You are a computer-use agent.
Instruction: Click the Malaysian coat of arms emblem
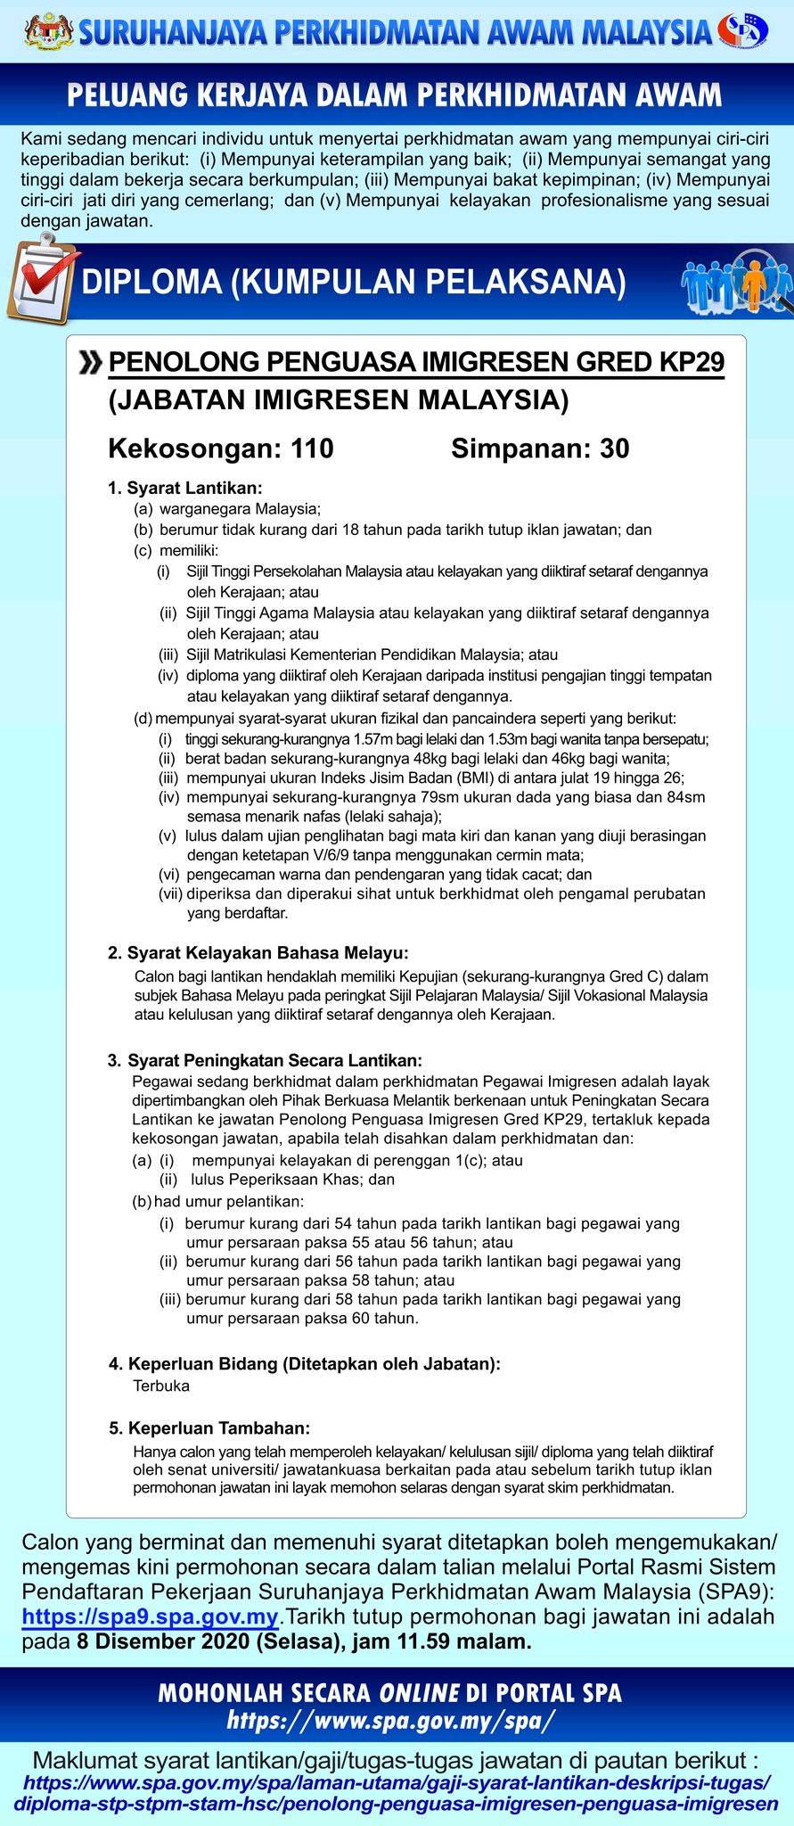click(x=50, y=31)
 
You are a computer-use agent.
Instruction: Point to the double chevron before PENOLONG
click(x=90, y=363)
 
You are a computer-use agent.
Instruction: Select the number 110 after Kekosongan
click(x=312, y=448)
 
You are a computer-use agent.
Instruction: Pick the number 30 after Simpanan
click(x=614, y=448)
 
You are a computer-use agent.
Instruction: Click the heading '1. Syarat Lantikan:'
click(x=185, y=488)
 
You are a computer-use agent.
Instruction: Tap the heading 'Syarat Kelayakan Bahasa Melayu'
click(x=267, y=953)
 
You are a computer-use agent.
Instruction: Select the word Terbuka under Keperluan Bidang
click(x=161, y=1386)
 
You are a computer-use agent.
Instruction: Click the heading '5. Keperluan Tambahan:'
click(x=209, y=1428)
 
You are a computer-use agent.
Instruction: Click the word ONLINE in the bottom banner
click(x=419, y=1692)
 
